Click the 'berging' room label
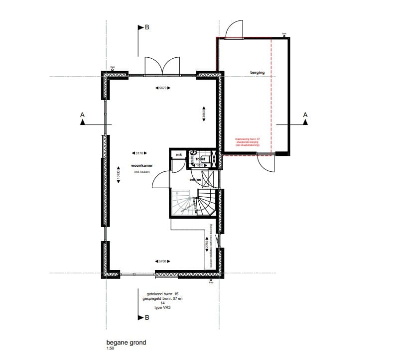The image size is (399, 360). pyautogui.click(x=258, y=73)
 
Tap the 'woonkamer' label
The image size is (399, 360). pyautogui.click(x=141, y=166)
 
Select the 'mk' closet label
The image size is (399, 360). pyautogui.click(x=178, y=155)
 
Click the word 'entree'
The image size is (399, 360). pyautogui.click(x=196, y=179)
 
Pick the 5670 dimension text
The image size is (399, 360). pyautogui.click(x=162, y=88)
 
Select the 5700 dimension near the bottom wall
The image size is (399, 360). pyautogui.click(x=162, y=261)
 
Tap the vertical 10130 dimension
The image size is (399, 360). pyautogui.click(x=118, y=175)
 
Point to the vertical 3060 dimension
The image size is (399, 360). pyautogui.click(x=204, y=113)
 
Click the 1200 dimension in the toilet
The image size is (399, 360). pyautogui.click(x=200, y=165)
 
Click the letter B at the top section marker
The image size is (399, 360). pyautogui.click(x=146, y=28)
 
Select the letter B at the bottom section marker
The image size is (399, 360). pyautogui.click(x=146, y=317)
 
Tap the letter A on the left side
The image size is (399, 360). pyautogui.click(x=83, y=115)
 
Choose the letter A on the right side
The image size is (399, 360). pyautogui.click(x=305, y=115)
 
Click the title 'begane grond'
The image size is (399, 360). pyautogui.click(x=126, y=343)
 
